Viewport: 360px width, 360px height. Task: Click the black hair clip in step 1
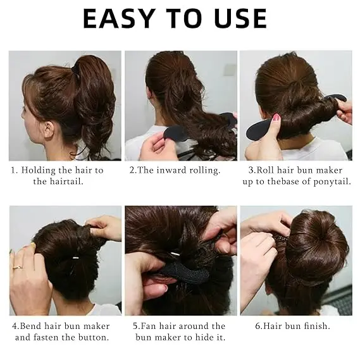point(75,67)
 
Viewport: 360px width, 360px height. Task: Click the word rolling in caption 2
point(204,171)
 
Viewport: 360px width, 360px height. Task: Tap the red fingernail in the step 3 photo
point(277,119)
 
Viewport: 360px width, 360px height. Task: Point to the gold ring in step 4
point(18,267)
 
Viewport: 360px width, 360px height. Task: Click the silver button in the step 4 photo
point(75,258)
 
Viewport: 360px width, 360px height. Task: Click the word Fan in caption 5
point(147,326)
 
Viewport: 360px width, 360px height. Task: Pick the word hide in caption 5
point(204,337)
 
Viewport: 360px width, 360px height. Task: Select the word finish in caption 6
point(317,326)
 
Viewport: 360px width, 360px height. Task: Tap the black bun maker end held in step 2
point(174,133)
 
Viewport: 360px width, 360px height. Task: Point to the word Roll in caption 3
point(264,170)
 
